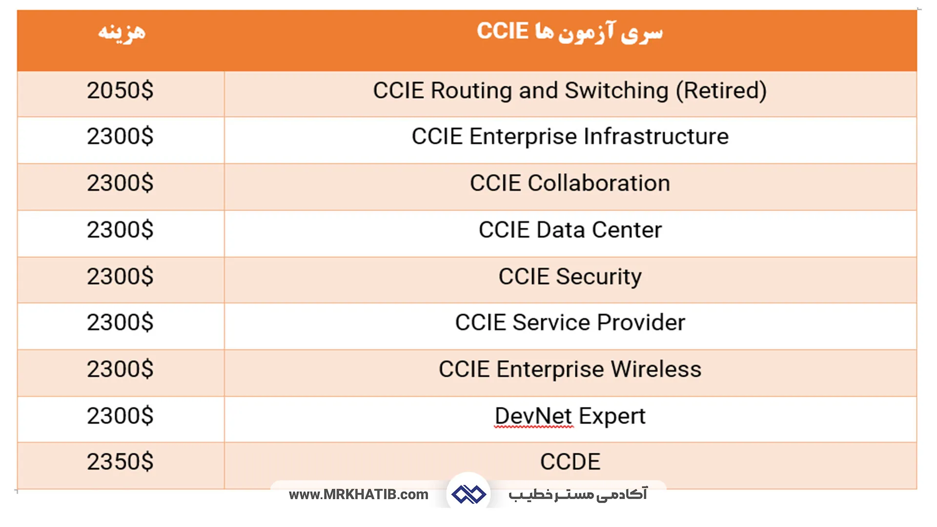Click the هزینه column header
122,32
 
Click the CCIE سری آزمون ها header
570,32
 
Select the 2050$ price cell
120,91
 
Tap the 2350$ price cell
120,462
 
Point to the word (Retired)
721,91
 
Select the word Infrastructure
656,137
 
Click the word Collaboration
599,183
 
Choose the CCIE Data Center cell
570,230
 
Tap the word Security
599,277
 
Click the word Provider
641,323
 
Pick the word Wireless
656,369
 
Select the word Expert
612,416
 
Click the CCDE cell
570,462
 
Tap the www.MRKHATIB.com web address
359,495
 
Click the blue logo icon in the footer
468,494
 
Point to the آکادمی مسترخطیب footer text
578,494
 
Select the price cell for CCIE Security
120,277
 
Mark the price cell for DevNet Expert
120,416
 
